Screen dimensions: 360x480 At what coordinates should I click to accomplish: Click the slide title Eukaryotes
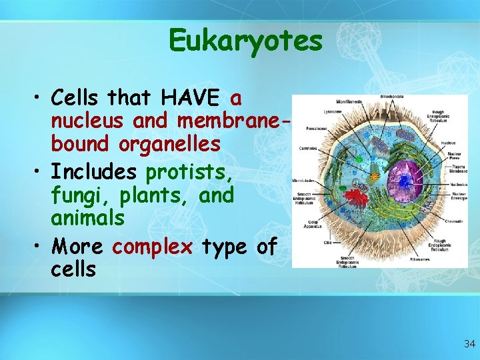point(245,40)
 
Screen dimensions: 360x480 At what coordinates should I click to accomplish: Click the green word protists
point(189,173)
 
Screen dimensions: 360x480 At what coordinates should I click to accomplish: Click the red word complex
point(152,247)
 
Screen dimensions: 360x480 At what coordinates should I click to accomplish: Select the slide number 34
point(469,344)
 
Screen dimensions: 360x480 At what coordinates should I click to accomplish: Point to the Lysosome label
point(315,112)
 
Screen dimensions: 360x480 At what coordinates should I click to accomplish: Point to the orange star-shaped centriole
point(375,177)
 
